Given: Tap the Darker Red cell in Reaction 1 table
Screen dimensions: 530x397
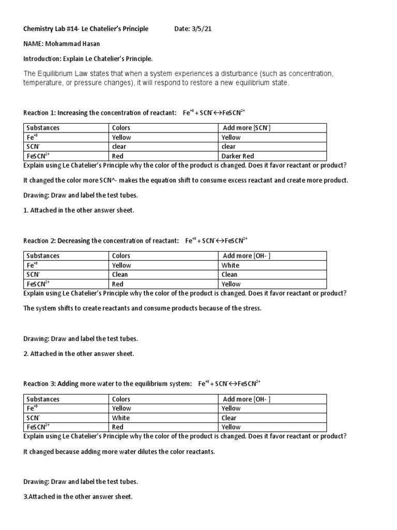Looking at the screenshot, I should tap(237, 156).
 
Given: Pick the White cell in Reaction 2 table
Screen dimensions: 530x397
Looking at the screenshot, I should tap(230, 265).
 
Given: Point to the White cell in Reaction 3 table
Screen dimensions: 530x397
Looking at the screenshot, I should tap(121, 418).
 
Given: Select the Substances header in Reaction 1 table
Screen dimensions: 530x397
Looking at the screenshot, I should tap(43, 128).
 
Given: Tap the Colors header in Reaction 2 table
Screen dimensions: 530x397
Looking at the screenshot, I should tap(121, 256).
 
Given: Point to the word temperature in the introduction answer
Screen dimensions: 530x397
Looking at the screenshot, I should tap(44, 83).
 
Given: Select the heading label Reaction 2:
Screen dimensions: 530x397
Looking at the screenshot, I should tap(40, 241).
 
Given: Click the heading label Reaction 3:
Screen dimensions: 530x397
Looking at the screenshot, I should tap(40, 384).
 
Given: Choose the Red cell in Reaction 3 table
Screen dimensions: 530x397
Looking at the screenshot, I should tap(117, 427).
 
